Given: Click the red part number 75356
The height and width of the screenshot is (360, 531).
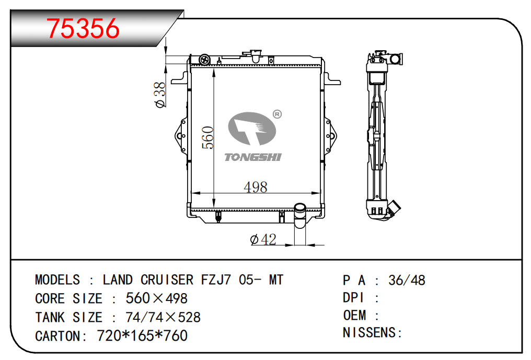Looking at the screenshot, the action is pos(83,28).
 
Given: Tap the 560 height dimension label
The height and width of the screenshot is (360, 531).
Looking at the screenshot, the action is pos(208,137).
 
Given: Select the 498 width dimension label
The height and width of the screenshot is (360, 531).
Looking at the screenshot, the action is pos(256,187).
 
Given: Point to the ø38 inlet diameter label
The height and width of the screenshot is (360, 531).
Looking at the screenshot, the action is pos(160,95).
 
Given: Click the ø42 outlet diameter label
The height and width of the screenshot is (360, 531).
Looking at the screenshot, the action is pos(263,239).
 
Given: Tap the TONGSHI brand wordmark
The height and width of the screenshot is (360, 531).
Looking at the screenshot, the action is pos(253,157).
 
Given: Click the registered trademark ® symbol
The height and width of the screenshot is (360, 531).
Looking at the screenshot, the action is pos(277,114).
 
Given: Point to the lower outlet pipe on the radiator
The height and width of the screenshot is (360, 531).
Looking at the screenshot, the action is pos(299,215).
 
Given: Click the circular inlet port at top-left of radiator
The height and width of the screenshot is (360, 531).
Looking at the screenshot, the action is pos(204,60).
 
